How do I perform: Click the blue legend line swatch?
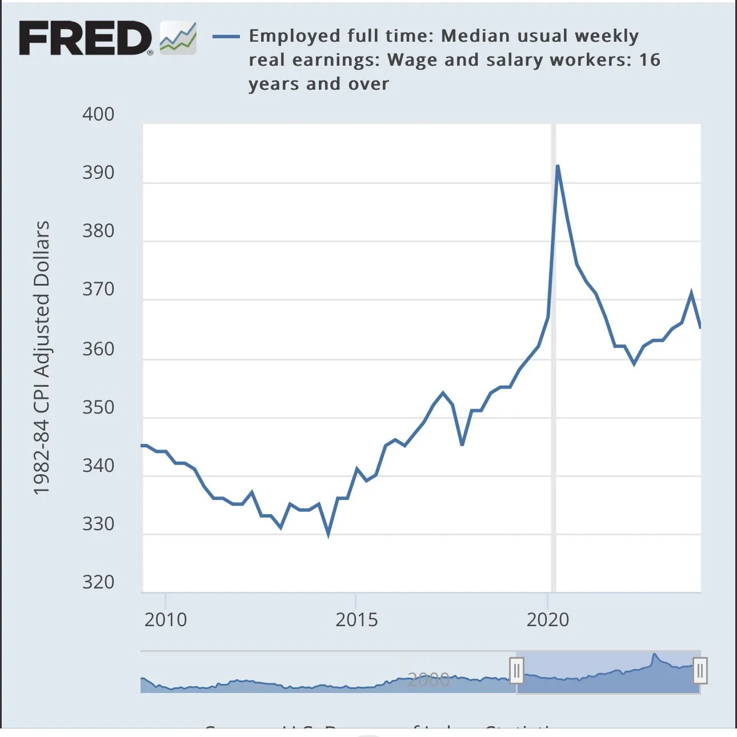226,37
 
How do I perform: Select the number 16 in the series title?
650,60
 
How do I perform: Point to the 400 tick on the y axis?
98,114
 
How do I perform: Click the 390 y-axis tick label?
98,173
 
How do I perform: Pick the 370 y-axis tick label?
98,289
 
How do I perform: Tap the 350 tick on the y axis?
98,407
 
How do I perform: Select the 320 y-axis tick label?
98,582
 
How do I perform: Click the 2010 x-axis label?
166,620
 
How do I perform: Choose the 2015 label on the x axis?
357,620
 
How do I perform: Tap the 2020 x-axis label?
548,620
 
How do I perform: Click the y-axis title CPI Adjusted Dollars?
42,358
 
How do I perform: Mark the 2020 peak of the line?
558,166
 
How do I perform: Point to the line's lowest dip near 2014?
329,534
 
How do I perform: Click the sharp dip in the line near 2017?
462,443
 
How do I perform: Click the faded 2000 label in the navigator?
428,679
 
